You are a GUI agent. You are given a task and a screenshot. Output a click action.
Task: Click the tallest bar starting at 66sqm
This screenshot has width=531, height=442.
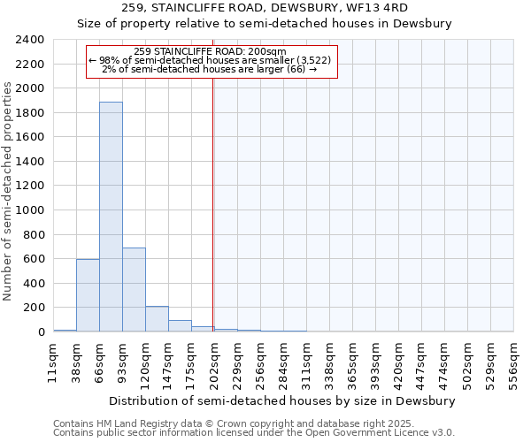[111, 217]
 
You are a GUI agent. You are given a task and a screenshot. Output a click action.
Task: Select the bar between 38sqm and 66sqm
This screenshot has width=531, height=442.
[88, 295]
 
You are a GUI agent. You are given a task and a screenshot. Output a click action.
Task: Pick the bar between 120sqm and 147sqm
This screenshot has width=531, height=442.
[157, 319]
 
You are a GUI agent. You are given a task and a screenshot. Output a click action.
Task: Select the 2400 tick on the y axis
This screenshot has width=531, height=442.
[31, 40]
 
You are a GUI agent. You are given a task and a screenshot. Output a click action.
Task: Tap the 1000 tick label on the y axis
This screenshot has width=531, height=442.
[31, 210]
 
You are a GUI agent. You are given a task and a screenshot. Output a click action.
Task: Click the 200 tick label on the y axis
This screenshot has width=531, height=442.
[35, 308]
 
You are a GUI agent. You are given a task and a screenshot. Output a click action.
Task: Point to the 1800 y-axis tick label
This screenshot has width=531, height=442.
[31, 113]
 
